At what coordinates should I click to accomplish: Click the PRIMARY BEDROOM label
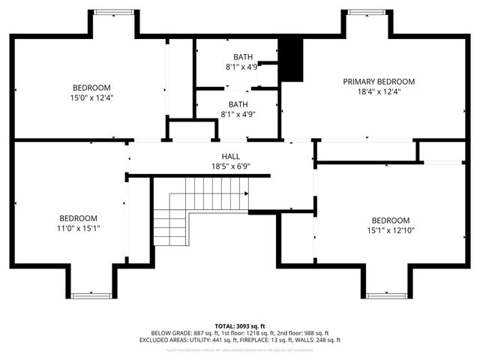379,81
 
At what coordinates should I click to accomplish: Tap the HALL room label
241,156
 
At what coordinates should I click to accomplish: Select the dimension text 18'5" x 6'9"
241,166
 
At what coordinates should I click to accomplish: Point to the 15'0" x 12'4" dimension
92,97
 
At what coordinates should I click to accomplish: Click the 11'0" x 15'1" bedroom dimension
79,227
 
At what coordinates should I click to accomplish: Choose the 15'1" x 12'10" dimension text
391,229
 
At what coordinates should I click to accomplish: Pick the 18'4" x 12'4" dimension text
379,91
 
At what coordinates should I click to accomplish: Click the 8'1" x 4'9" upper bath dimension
241,66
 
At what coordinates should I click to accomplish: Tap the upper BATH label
242,56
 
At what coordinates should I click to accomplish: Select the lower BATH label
238,104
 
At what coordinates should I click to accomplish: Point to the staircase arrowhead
246,193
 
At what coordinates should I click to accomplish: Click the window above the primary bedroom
368,12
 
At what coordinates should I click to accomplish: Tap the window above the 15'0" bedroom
114,12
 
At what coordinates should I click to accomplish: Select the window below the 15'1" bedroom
388,295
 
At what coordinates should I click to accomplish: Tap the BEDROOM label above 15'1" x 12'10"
391,220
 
